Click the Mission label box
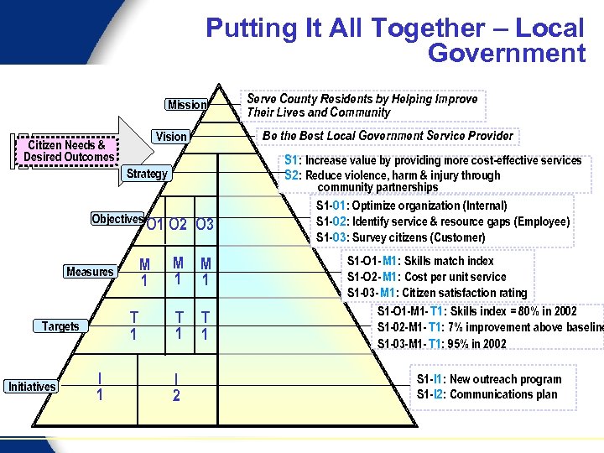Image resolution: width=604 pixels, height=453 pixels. coord(186,105)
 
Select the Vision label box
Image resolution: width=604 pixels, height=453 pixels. coord(171,136)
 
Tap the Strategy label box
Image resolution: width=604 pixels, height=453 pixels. coord(147,174)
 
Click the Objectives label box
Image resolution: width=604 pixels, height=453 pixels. coord(117,219)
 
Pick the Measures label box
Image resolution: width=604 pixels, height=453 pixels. coord(90,272)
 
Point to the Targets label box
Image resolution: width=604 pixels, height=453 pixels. coord(60,326)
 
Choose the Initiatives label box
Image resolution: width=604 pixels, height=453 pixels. coord(32,387)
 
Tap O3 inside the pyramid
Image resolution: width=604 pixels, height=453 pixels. coord(205,225)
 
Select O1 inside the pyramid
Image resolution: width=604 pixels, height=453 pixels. coord(154,225)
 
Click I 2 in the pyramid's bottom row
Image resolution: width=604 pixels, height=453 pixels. coord(176,387)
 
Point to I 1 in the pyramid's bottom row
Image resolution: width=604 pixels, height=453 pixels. coord(100,387)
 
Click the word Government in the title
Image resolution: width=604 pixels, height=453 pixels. coord(506,54)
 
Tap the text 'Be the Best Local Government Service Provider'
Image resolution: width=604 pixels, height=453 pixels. coord(388,136)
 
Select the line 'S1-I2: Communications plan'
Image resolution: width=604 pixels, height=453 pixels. coord(487,394)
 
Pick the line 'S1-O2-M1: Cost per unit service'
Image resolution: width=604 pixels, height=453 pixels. coord(427,277)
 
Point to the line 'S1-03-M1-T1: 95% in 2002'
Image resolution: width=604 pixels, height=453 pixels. coord(442,344)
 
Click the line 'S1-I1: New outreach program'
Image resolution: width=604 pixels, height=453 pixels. coord(489,379)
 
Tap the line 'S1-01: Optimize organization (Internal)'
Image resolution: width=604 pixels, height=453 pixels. coord(411,206)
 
